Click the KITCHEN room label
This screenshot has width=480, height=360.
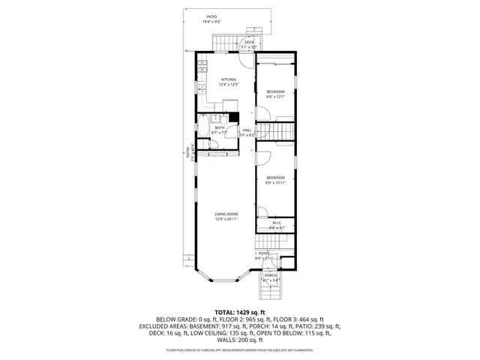point(229,79)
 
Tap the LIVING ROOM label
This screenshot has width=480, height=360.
point(226,214)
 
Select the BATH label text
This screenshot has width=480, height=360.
point(219,127)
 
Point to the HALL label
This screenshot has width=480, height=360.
point(247,130)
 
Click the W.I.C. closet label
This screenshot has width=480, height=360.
point(276,222)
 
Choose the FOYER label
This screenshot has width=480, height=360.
point(264,253)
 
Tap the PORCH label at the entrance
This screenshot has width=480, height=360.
point(270,275)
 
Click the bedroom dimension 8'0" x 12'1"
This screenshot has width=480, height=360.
point(276,96)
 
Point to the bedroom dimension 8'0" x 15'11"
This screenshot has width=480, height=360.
point(276,181)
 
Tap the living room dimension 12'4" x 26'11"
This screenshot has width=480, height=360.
point(226,219)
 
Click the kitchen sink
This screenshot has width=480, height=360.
point(202,88)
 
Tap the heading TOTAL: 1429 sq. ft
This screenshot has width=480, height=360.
point(240,312)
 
